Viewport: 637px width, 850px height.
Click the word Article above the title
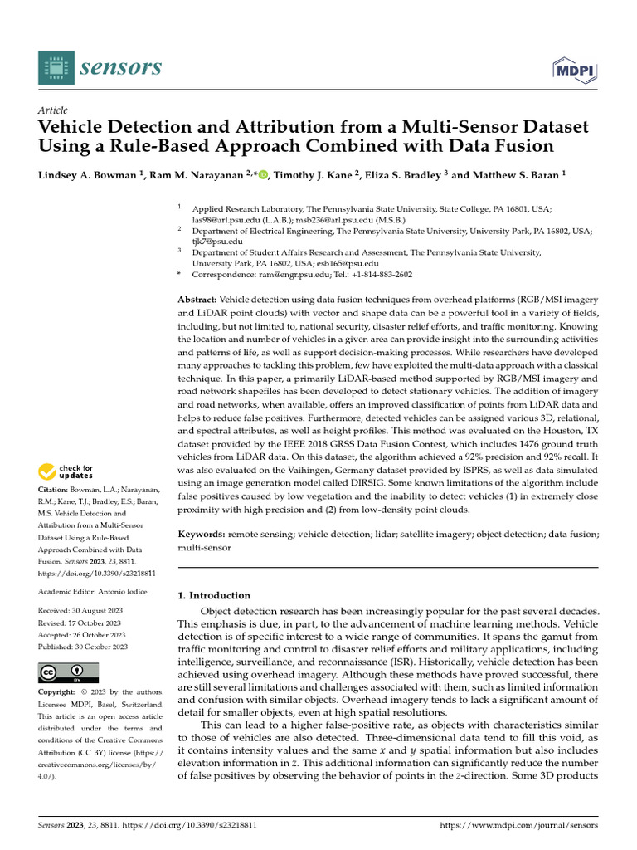tap(53, 110)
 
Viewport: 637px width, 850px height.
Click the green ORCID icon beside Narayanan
tap(264, 174)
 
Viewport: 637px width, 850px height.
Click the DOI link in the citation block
tap(97, 573)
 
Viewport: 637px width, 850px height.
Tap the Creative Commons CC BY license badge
tap(68, 672)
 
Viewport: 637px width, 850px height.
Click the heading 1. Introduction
tap(214, 595)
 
